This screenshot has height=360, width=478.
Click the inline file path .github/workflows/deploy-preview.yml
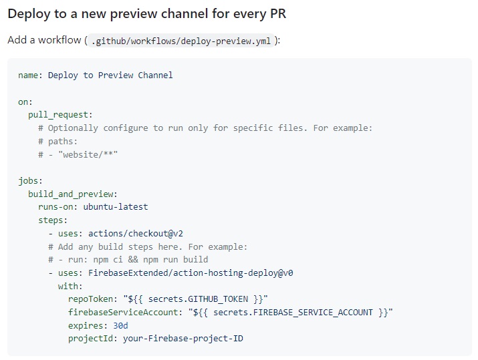181,41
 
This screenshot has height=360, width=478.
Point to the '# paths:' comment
58,141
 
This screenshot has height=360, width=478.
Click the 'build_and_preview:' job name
73,194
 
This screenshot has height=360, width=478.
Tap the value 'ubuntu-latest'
116,207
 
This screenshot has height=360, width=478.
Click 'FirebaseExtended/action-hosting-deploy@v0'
191,273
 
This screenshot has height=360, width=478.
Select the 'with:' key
70,286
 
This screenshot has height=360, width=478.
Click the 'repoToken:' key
93,299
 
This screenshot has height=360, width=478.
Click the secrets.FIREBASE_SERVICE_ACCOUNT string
291,313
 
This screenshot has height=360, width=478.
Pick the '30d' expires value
120,325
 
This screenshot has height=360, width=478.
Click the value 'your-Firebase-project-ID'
183,339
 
